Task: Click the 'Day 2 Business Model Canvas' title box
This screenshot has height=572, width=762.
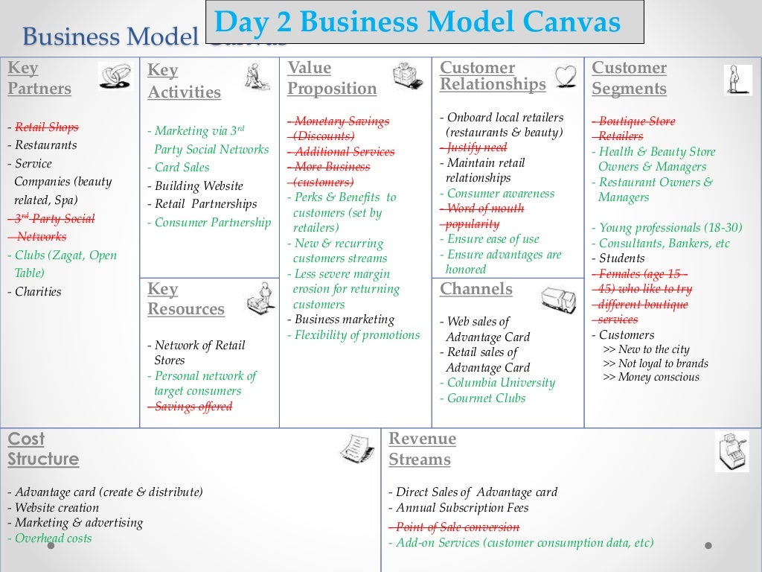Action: click(x=424, y=22)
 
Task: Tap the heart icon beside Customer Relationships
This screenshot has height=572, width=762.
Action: click(x=566, y=77)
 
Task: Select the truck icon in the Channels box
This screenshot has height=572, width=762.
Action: click(x=558, y=300)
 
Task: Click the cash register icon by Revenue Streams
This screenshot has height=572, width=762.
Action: click(x=731, y=451)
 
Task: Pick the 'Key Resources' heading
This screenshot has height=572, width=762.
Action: click(x=186, y=299)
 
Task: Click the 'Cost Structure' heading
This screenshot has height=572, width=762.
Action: click(x=43, y=449)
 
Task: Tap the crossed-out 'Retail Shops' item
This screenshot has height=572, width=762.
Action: click(x=46, y=127)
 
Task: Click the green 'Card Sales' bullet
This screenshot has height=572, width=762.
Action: click(x=182, y=168)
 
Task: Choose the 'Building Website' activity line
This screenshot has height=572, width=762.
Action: click(x=199, y=186)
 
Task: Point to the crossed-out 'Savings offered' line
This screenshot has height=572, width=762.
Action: click(x=193, y=407)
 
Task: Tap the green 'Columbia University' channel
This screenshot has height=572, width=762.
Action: click(x=501, y=383)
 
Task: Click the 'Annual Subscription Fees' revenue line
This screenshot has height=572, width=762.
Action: click(x=462, y=508)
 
